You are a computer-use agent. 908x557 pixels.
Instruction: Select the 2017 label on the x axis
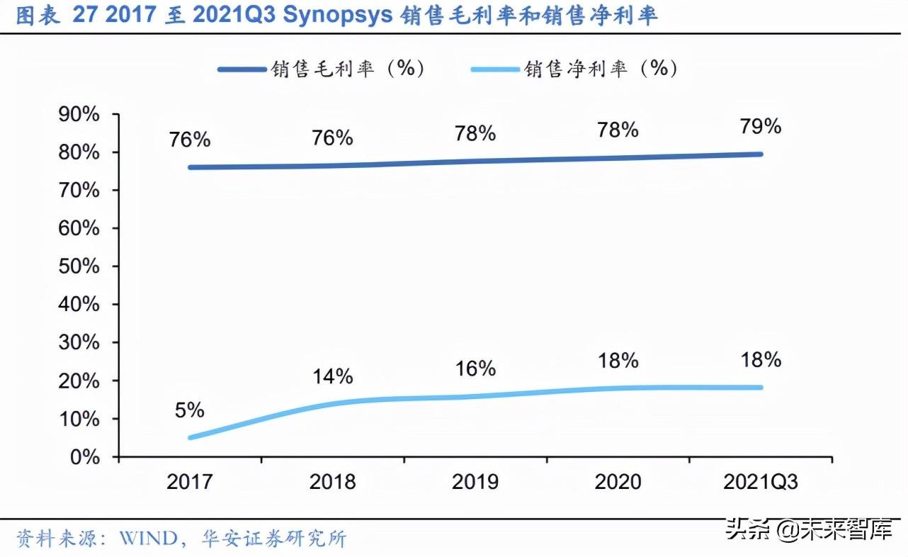click(190, 483)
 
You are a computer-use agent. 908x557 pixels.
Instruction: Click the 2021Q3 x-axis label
click(761, 483)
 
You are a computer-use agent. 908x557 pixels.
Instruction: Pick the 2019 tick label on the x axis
click(475, 483)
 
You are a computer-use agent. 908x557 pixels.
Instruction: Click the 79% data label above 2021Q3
click(761, 127)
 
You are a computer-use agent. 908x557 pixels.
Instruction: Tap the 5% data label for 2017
click(190, 410)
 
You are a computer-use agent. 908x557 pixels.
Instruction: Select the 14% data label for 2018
click(332, 376)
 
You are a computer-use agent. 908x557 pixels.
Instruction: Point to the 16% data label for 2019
click(475, 368)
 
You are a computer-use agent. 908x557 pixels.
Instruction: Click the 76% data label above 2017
click(190, 140)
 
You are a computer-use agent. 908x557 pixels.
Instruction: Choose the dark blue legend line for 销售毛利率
click(242, 69)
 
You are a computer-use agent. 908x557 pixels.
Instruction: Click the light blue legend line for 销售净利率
click(495, 69)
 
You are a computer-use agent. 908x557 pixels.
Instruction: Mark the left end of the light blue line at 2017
click(190, 437)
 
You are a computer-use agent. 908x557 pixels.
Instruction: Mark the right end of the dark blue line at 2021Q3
click(761, 154)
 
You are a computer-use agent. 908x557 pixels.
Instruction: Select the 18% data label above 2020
click(618, 360)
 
